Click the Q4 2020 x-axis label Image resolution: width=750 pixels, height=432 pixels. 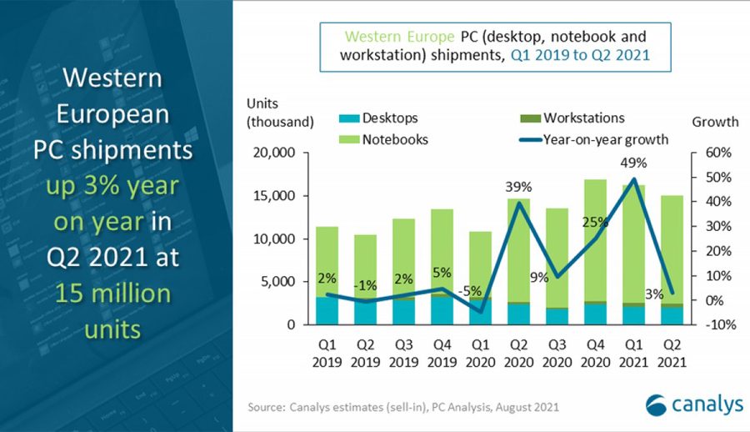coord(594,354)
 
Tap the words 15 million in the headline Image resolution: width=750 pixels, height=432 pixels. coord(112,294)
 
